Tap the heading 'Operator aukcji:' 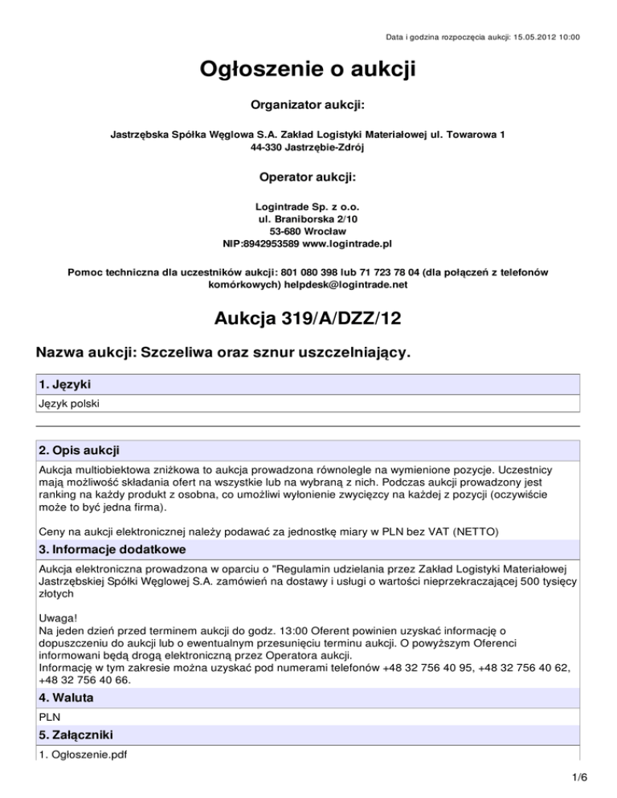[x=308, y=177]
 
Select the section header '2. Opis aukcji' [x=80, y=450]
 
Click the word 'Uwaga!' [x=57, y=620]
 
